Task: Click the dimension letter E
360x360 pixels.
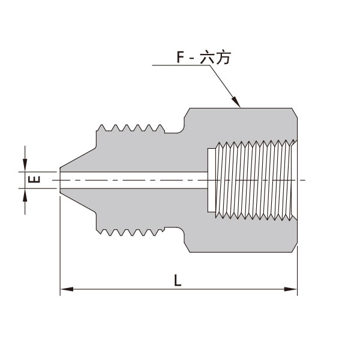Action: [x=35, y=179]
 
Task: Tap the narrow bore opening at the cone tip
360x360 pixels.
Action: [x=61, y=179]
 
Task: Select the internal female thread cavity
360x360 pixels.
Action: [x=255, y=179]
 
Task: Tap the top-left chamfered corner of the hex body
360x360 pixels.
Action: [x=187, y=112]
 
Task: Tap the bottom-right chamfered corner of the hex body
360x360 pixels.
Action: [x=294, y=247]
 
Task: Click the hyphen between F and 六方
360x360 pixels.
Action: [x=194, y=59]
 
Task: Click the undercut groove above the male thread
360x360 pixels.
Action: [x=174, y=130]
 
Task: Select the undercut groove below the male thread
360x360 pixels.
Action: [x=174, y=229]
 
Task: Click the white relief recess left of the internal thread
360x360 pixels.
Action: [x=210, y=179]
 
